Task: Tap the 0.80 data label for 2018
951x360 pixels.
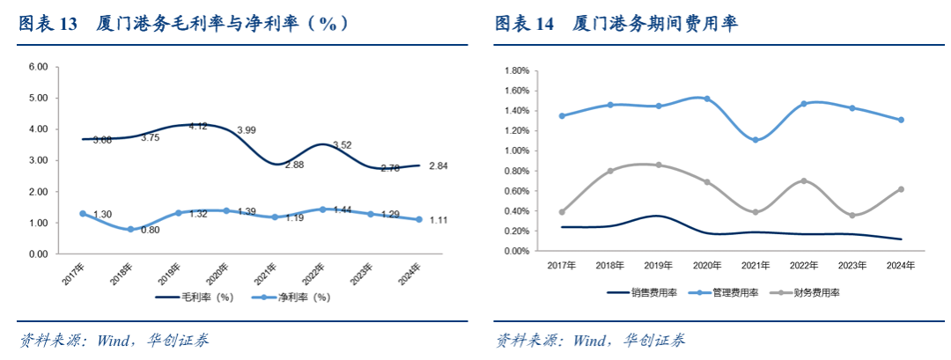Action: (x=150, y=231)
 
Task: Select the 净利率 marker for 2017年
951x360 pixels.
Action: (x=83, y=214)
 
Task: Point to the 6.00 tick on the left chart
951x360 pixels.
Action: (x=38, y=67)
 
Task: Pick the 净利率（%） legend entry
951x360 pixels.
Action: (x=291, y=298)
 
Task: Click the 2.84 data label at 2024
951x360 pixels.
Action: (x=439, y=165)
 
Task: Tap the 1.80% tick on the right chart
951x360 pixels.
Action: (x=516, y=70)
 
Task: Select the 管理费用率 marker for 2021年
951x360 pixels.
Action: (x=754, y=140)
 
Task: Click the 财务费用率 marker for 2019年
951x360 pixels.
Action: (x=658, y=165)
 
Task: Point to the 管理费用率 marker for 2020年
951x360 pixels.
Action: (x=706, y=99)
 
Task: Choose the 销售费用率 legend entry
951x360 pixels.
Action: (x=643, y=291)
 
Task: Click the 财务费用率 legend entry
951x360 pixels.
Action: (x=807, y=291)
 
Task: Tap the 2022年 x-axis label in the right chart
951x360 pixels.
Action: (x=803, y=264)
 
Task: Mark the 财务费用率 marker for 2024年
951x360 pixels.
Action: (x=900, y=189)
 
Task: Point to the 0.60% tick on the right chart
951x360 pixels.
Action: (x=516, y=191)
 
